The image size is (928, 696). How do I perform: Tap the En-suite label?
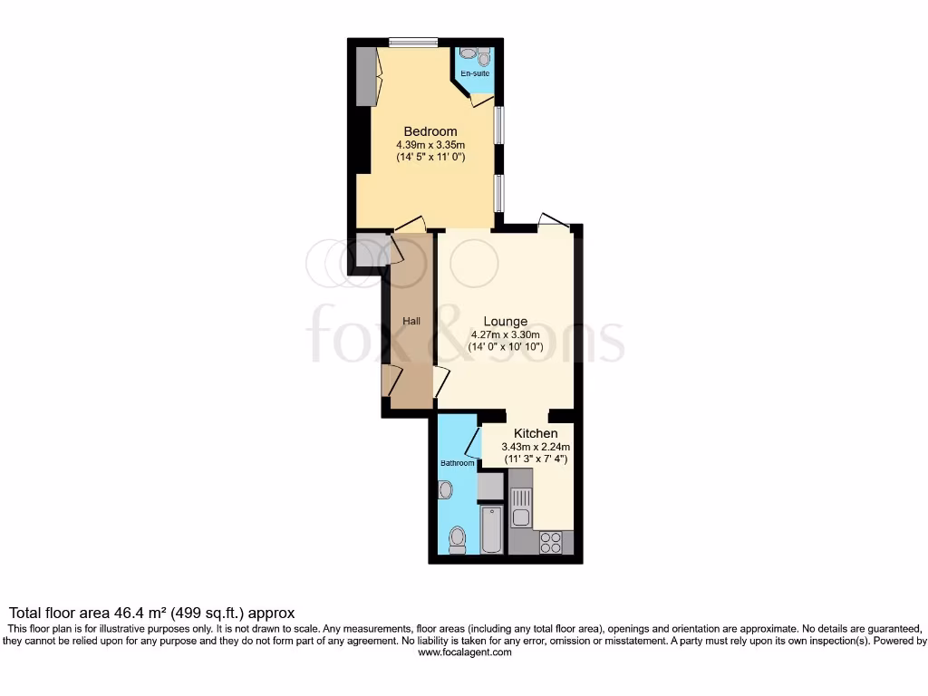click(474, 73)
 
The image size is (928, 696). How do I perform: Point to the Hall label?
click(411, 322)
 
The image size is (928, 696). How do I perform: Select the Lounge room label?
click(505, 321)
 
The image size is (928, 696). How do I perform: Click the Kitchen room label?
click(536, 433)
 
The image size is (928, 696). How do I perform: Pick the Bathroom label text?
click(458, 463)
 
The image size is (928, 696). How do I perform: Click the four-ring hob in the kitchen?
click(550, 541)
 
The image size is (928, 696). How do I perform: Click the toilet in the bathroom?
click(457, 541)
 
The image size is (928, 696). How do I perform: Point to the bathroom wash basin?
click(444, 490)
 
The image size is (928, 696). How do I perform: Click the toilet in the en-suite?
click(484, 58)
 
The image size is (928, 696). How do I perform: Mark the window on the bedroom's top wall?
click(413, 42)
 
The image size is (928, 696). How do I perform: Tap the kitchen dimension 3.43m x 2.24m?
click(536, 446)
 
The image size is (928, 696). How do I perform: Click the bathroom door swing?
click(473, 441)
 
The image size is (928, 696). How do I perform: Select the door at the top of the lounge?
click(550, 220)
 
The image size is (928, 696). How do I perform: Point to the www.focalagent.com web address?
click(463, 652)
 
